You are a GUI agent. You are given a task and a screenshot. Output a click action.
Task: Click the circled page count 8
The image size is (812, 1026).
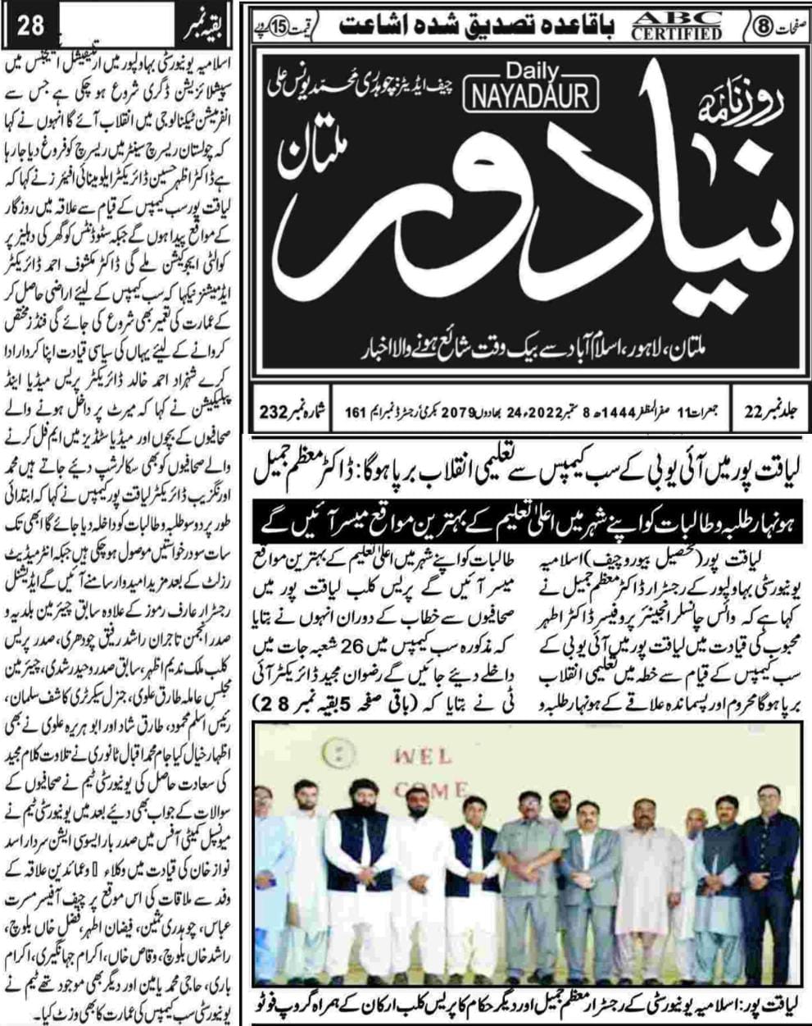click(x=759, y=25)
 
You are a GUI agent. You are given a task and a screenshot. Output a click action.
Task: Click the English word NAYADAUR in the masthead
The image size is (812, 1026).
click(x=530, y=97)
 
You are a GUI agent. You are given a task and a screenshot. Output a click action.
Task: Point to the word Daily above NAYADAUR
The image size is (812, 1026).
click(x=529, y=72)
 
